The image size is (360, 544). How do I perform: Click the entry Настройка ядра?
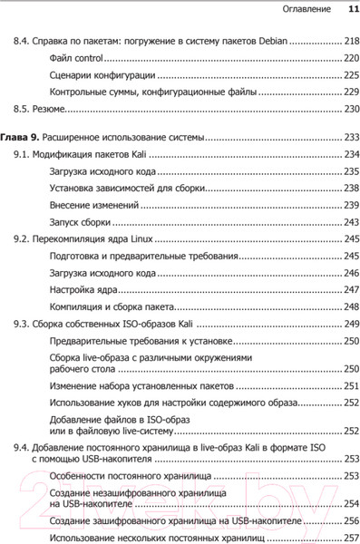[87, 289]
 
